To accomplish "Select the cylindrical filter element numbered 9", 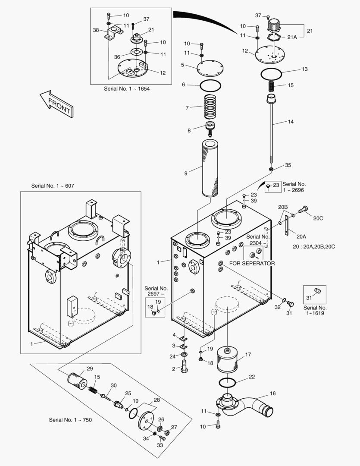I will [210, 168].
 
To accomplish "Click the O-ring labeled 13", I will [272, 74].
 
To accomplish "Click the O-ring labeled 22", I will [227, 382].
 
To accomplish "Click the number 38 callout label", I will [96, 30].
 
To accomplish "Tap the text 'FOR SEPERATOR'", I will [252, 263].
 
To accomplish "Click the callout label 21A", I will [292, 37].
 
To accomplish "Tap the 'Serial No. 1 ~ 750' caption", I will [70, 420].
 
